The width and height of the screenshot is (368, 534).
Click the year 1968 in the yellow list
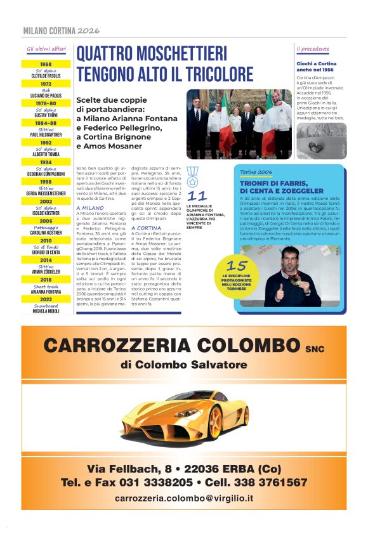(x=46, y=64)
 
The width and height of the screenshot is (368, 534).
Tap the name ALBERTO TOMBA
(x=46, y=153)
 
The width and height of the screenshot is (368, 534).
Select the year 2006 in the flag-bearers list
(x=46, y=221)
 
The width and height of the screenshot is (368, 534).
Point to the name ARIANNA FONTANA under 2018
(x=46, y=292)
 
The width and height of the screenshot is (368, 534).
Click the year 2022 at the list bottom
(x=46, y=299)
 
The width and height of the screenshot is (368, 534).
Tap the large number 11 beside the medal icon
(x=198, y=196)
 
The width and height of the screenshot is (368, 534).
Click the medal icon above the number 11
(x=193, y=173)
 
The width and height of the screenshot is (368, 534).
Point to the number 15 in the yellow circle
(x=237, y=266)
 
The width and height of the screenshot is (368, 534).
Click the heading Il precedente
(x=313, y=49)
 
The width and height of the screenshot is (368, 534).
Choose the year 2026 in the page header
(x=89, y=30)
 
